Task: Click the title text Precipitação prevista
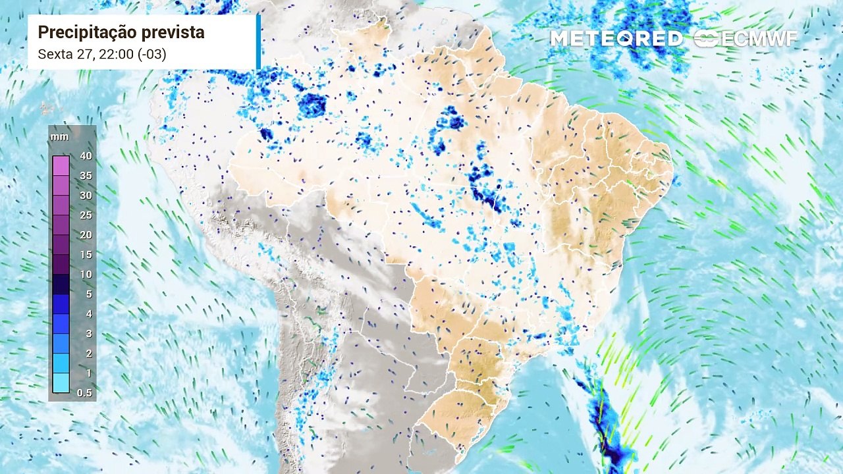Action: click(x=121, y=32)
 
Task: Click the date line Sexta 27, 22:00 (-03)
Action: click(x=102, y=54)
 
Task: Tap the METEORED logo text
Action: click(x=616, y=39)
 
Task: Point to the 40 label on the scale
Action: click(x=86, y=156)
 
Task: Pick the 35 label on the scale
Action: click(x=86, y=176)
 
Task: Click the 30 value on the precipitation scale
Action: click(x=86, y=196)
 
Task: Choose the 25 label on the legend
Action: click(x=86, y=215)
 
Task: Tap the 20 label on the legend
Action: click(x=86, y=235)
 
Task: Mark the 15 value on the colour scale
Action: click(x=86, y=255)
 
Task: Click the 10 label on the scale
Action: click(x=86, y=275)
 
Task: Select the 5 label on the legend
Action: click(x=88, y=294)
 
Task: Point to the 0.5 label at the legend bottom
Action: click(x=84, y=393)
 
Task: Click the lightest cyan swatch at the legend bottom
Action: click(x=61, y=383)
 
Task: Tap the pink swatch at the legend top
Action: click(x=61, y=165)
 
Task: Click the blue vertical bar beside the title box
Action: click(x=259, y=41)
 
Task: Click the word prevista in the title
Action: click(x=173, y=32)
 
